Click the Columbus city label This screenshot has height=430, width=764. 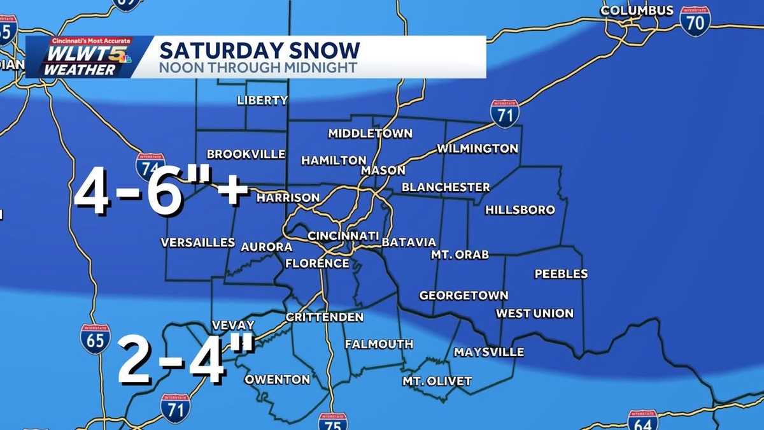coord(637,11)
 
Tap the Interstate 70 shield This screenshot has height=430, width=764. coord(695,21)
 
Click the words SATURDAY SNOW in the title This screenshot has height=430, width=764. coord(259,50)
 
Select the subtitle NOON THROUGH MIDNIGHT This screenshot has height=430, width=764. coord(258,68)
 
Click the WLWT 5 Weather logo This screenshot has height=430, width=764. coord(80,57)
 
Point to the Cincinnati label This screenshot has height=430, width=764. coord(343,236)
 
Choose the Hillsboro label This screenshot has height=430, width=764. coord(520,210)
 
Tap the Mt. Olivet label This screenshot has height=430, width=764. coord(437,381)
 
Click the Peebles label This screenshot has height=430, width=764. coord(560,274)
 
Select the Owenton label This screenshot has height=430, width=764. coord(278,380)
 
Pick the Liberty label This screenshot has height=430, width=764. coord(262,100)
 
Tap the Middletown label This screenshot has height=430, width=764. coord(370,134)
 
